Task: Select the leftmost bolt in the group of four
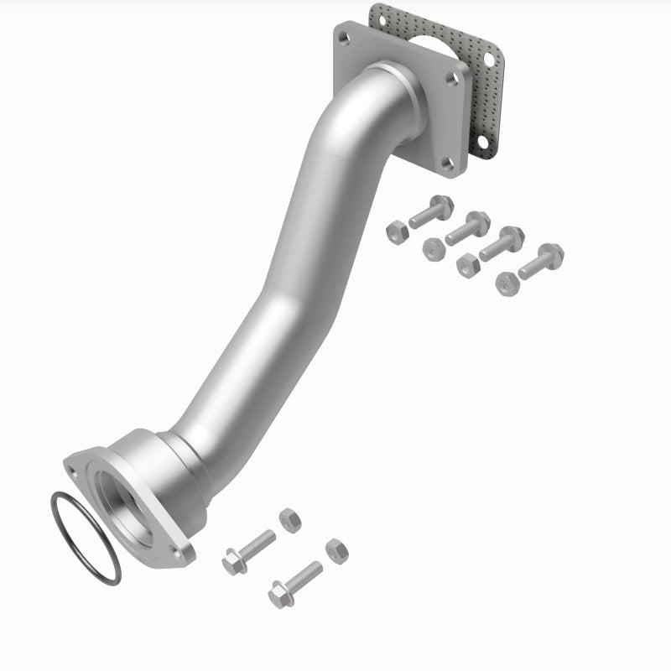[x=428, y=213]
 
